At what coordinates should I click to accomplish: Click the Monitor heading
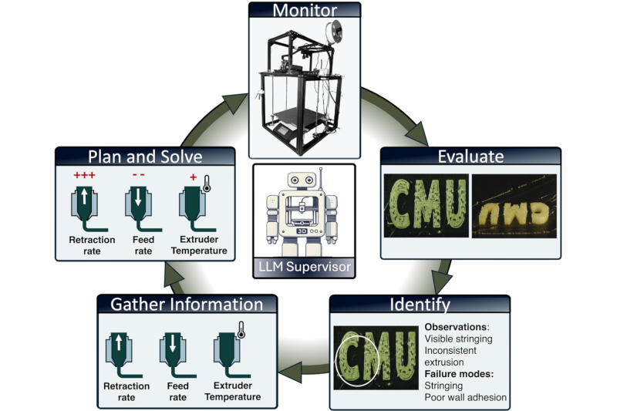[305, 10]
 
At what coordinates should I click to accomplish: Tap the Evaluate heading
[470, 157]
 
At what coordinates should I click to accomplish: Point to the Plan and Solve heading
[145, 157]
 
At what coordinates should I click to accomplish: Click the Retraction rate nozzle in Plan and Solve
[85, 207]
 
